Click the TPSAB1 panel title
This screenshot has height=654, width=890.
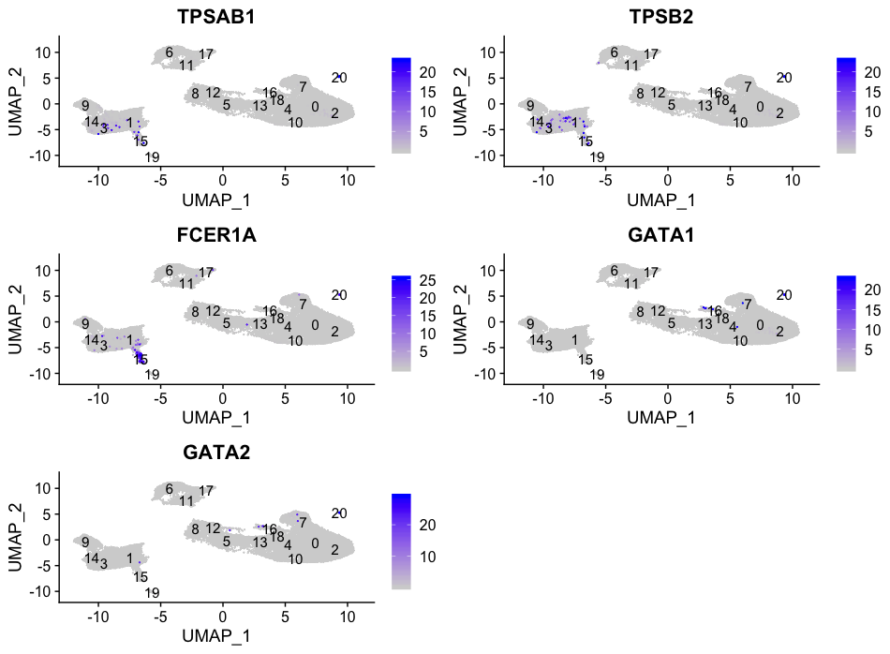tap(216, 17)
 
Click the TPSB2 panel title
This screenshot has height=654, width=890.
tap(661, 17)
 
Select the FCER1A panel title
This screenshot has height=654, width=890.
tap(216, 235)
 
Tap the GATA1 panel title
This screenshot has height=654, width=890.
tap(661, 235)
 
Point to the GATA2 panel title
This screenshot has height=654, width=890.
tap(216, 453)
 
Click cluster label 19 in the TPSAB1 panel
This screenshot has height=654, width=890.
tap(153, 156)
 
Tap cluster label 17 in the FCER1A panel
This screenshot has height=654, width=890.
tap(206, 272)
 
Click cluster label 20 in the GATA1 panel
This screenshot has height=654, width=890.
tap(785, 295)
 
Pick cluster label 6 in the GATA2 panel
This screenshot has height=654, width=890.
tap(170, 489)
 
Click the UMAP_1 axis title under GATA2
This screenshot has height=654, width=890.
tap(216, 634)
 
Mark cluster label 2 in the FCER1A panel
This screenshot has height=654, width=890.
tap(334, 331)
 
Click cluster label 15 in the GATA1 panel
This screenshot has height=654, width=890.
tap(586, 360)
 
